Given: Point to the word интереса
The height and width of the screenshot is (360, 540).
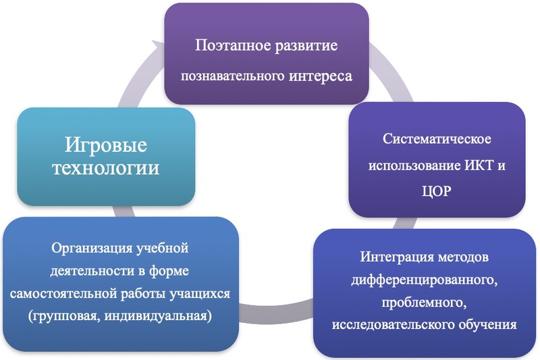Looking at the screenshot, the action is [321, 76].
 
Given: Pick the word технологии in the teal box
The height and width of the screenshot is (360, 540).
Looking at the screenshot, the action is [106, 168].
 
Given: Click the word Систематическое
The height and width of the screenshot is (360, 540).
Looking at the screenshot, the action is [437, 139].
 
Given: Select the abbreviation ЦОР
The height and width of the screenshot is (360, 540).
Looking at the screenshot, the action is [436, 191].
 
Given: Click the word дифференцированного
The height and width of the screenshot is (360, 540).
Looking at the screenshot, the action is [424, 280].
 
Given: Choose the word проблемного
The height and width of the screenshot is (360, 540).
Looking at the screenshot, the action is [424, 303].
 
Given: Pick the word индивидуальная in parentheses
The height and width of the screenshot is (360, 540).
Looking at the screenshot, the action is [158, 316].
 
